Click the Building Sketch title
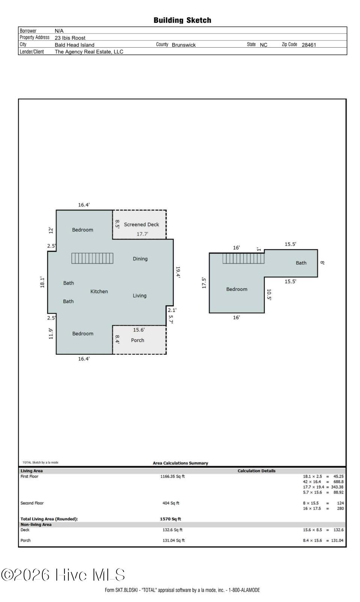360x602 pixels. tap(182, 20)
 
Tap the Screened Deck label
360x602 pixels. tap(142, 224)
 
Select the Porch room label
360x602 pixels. tap(137, 340)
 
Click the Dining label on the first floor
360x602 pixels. tap(140, 259)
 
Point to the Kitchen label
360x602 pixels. tap(99, 291)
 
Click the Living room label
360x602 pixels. tap(140, 296)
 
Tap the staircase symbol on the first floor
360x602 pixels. tap(92, 258)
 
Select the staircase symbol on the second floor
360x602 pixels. tap(243, 258)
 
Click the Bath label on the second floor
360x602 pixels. tap(301, 263)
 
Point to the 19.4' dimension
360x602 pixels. tap(178, 272)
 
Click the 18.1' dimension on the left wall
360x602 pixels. tap(42, 282)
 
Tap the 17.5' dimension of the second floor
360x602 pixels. tap(204, 283)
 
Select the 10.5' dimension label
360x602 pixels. tap(269, 295)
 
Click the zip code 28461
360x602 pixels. tap(309, 45)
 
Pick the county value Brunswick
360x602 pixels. tap(184, 45)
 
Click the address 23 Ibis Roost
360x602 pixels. tap(70, 38)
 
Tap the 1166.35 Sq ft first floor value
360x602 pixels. tap(173, 477)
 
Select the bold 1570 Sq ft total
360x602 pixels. tap(170, 519)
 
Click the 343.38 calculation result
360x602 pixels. tap(337, 487)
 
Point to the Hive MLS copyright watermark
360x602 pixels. tap(63, 575)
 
